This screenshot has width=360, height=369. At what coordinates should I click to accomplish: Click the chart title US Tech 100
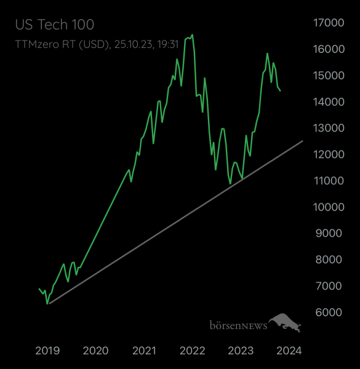(54, 25)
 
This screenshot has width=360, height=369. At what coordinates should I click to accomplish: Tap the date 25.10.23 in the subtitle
(129, 44)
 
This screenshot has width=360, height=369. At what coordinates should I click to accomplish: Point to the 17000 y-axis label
(329, 23)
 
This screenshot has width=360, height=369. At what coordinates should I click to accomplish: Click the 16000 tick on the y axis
(329, 49)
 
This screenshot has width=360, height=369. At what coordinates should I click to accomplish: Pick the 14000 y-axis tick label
(329, 101)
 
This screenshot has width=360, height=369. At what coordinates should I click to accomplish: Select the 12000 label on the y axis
(329, 154)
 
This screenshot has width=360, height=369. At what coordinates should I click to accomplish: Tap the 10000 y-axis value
(329, 207)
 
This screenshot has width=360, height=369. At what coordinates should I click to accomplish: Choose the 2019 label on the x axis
(47, 351)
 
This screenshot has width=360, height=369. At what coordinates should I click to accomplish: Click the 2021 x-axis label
(144, 351)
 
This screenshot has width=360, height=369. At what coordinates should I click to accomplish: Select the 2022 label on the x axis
(192, 351)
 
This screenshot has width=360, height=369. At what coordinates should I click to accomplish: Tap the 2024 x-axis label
(289, 351)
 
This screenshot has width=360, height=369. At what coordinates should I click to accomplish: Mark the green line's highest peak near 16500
(193, 35)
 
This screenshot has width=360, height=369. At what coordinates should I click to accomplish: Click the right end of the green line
(281, 91)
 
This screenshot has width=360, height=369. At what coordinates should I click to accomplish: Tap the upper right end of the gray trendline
(303, 141)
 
